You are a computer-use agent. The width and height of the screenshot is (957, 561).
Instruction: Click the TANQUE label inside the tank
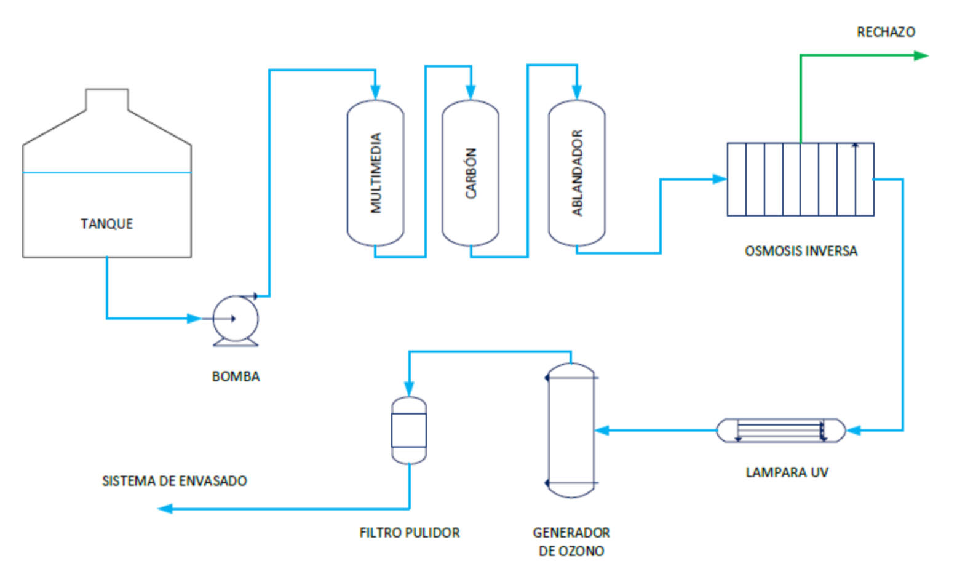point(106,223)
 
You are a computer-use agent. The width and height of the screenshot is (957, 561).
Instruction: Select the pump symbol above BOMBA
point(236,319)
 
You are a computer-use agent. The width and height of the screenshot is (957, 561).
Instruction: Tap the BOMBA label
point(236,376)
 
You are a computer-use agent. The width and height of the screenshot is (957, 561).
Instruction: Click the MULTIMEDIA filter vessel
point(375,173)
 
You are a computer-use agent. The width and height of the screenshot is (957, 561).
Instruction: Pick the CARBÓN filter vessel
point(471,173)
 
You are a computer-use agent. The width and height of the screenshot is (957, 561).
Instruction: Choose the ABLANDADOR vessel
point(576,173)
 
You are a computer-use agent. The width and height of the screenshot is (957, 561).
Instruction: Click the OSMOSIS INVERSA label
point(801,251)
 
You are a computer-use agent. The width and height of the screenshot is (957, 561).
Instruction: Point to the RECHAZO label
point(886,32)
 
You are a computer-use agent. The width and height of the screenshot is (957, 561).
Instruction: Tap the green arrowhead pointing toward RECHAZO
point(921,55)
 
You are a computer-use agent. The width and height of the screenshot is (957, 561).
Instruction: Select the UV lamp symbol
point(780,430)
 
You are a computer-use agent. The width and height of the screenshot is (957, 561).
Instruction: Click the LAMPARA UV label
point(787,472)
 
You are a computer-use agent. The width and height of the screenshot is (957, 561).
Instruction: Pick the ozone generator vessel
point(571,430)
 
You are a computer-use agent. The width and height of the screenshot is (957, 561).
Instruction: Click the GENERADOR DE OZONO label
point(571,541)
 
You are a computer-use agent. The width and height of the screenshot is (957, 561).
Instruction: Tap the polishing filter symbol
point(409,430)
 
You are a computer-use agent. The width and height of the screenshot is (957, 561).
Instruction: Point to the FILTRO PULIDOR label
point(409,533)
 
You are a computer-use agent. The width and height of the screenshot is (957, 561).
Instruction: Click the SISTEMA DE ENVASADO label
point(174,481)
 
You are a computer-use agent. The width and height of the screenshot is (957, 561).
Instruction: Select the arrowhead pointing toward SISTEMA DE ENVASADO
point(165,509)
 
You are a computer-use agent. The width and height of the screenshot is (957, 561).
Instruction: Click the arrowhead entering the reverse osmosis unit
point(720,179)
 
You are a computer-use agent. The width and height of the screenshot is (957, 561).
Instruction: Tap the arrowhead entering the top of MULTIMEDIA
point(375,93)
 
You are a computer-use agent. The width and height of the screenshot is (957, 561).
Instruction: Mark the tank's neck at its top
point(107,100)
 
